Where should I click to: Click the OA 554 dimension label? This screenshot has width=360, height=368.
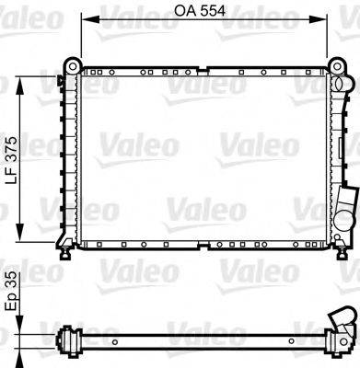tap(204, 12)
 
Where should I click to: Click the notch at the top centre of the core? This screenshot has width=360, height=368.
tap(204, 67)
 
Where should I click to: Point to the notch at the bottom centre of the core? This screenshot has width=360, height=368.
tap(204, 247)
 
